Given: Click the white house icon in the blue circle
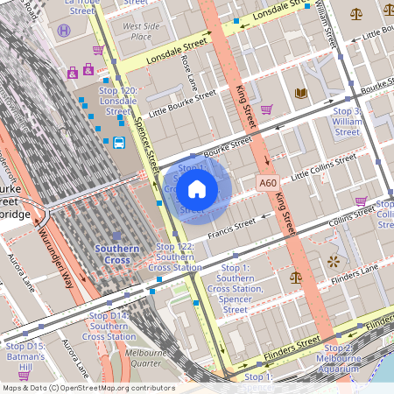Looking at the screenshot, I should click(x=197, y=188).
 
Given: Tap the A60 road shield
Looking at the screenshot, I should click(x=268, y=183).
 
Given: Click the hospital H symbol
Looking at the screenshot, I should click(x=64, y=31).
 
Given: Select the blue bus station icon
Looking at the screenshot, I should click(x=117, y=142).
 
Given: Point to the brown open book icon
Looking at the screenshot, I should click(x=301, y=93).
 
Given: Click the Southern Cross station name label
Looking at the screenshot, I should click(x=117, y=254).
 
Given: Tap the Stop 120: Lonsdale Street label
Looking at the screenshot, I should click(x=118, y=101).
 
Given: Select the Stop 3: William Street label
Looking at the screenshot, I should click(x=348, y=122).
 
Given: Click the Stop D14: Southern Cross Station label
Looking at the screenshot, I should click(x=109, y=326).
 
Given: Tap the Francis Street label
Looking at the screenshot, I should click(x=231, y=228).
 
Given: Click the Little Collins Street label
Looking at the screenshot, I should click(x=324, y=167).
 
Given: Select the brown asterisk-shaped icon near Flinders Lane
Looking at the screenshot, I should click(x=332, y=261).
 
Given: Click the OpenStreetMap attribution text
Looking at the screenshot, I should click(x=88, y=388).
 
